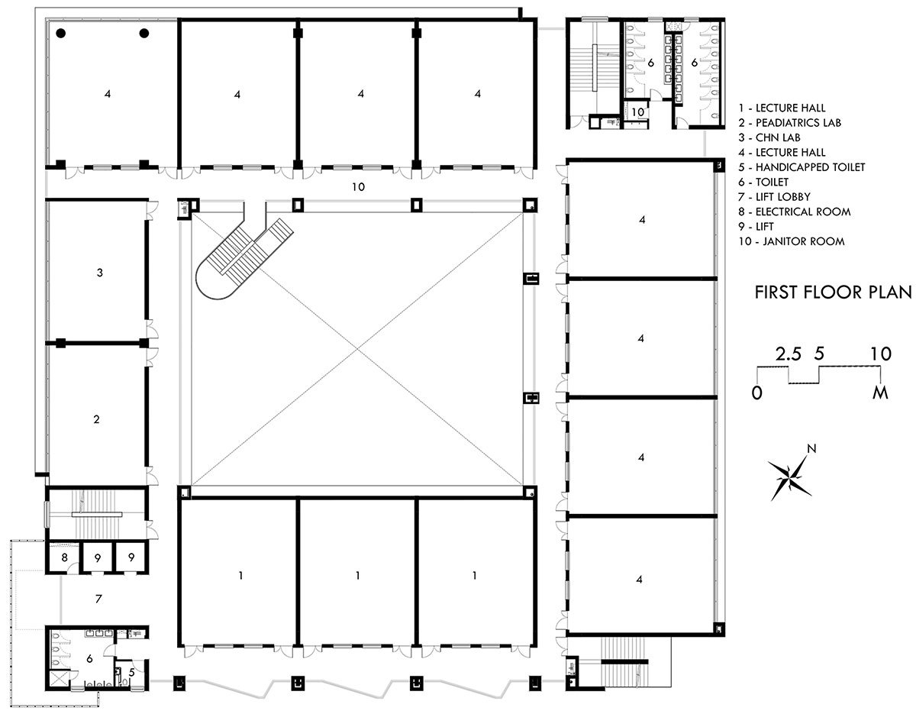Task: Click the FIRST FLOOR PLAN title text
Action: coord(833,292)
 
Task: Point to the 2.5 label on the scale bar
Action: coord(788,354)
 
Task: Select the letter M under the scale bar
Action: coord(881,393)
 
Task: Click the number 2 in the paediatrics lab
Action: coord(96,419)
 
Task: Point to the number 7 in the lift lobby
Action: coord(98,599)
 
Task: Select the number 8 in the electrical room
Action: coord(65,559)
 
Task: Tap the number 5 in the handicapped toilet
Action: coord(131,673)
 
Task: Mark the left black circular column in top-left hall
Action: coord(60,33)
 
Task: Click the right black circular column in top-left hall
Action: coord(143,33)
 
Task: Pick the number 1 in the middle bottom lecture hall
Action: coord(357,575)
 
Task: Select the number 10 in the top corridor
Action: coord(356,186)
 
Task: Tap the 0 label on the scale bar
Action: coord(756,393)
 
